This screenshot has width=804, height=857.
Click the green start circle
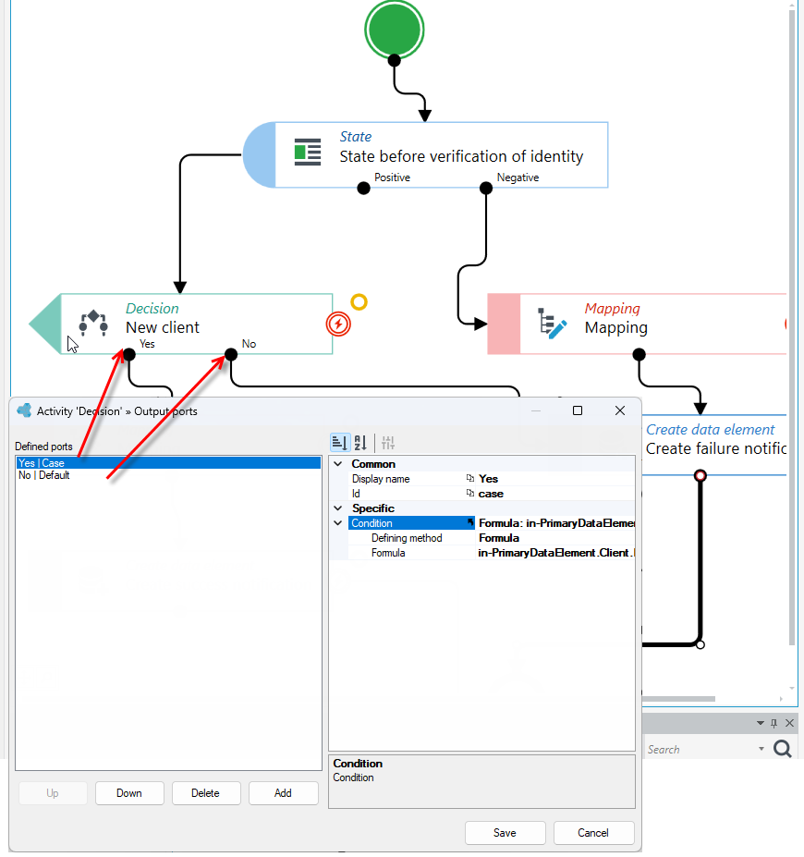pyautogui.click(x=394, y=30)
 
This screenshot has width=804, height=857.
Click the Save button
pyautogui.click(x=505, y=832)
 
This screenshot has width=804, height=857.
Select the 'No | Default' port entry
pyautogui.click(x=44, y=475)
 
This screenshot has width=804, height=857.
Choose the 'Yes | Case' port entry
pyautogui.click(x=42, y=463)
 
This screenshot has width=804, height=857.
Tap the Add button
pyautogui.click(x=283, y=792)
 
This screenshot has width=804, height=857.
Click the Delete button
pyautogui.click(x=205, y=792)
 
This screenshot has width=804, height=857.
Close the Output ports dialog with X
pyautogui.click(x=619, y=410)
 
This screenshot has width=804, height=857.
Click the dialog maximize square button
pyautogui.click(x=578, y=410)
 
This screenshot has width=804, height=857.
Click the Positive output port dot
pyautogui.click(x=363, y=189)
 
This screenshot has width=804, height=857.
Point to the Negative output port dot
pyautogui.click(x=485, y=189)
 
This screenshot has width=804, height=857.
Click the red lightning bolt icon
pyautogui.click(x=338, y=324)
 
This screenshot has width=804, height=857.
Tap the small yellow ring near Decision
pyautogui.click(x=359, y=301)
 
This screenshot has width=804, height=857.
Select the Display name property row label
pyautogui.click(x=381, y=479)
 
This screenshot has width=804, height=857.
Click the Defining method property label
pyautogui.click(x=407, y=538)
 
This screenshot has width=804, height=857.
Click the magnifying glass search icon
pyautogui.click(x=782, y=748)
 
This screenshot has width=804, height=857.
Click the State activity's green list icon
pyautogui.click(x=308, y=152)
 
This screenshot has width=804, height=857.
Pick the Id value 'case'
pyautogui.click(x=491, y=494)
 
